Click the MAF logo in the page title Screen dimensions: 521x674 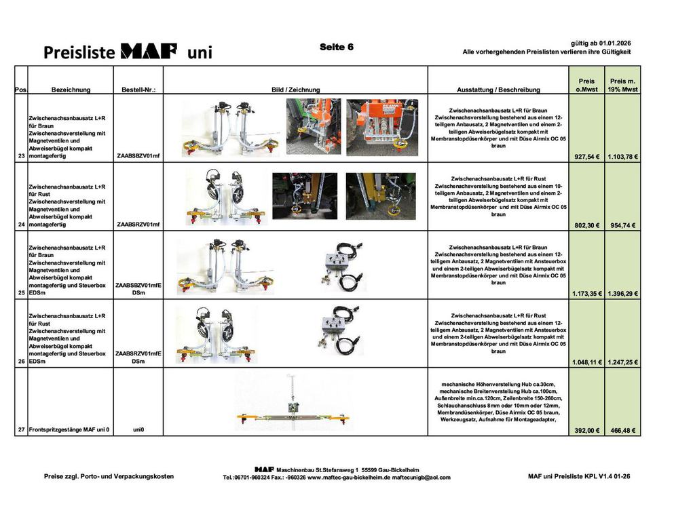(149, 51)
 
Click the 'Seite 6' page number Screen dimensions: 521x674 (336, 47)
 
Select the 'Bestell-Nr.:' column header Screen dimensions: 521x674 (138, 90)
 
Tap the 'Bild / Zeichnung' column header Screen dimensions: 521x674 (295, 90)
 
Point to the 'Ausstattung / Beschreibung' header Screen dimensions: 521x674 (498, 90)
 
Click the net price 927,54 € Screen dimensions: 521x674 (586, 157)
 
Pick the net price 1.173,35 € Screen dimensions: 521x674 (586, 294)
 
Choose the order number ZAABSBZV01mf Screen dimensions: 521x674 (138, 156)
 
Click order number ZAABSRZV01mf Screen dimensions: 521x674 (138, 224)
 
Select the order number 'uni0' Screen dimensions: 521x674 (138, 429)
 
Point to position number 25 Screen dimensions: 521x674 (21, 293)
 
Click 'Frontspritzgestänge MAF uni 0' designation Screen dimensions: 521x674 (69, 429)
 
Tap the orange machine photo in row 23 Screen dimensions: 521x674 (382, 127)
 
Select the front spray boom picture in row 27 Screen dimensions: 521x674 (293, 403)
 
